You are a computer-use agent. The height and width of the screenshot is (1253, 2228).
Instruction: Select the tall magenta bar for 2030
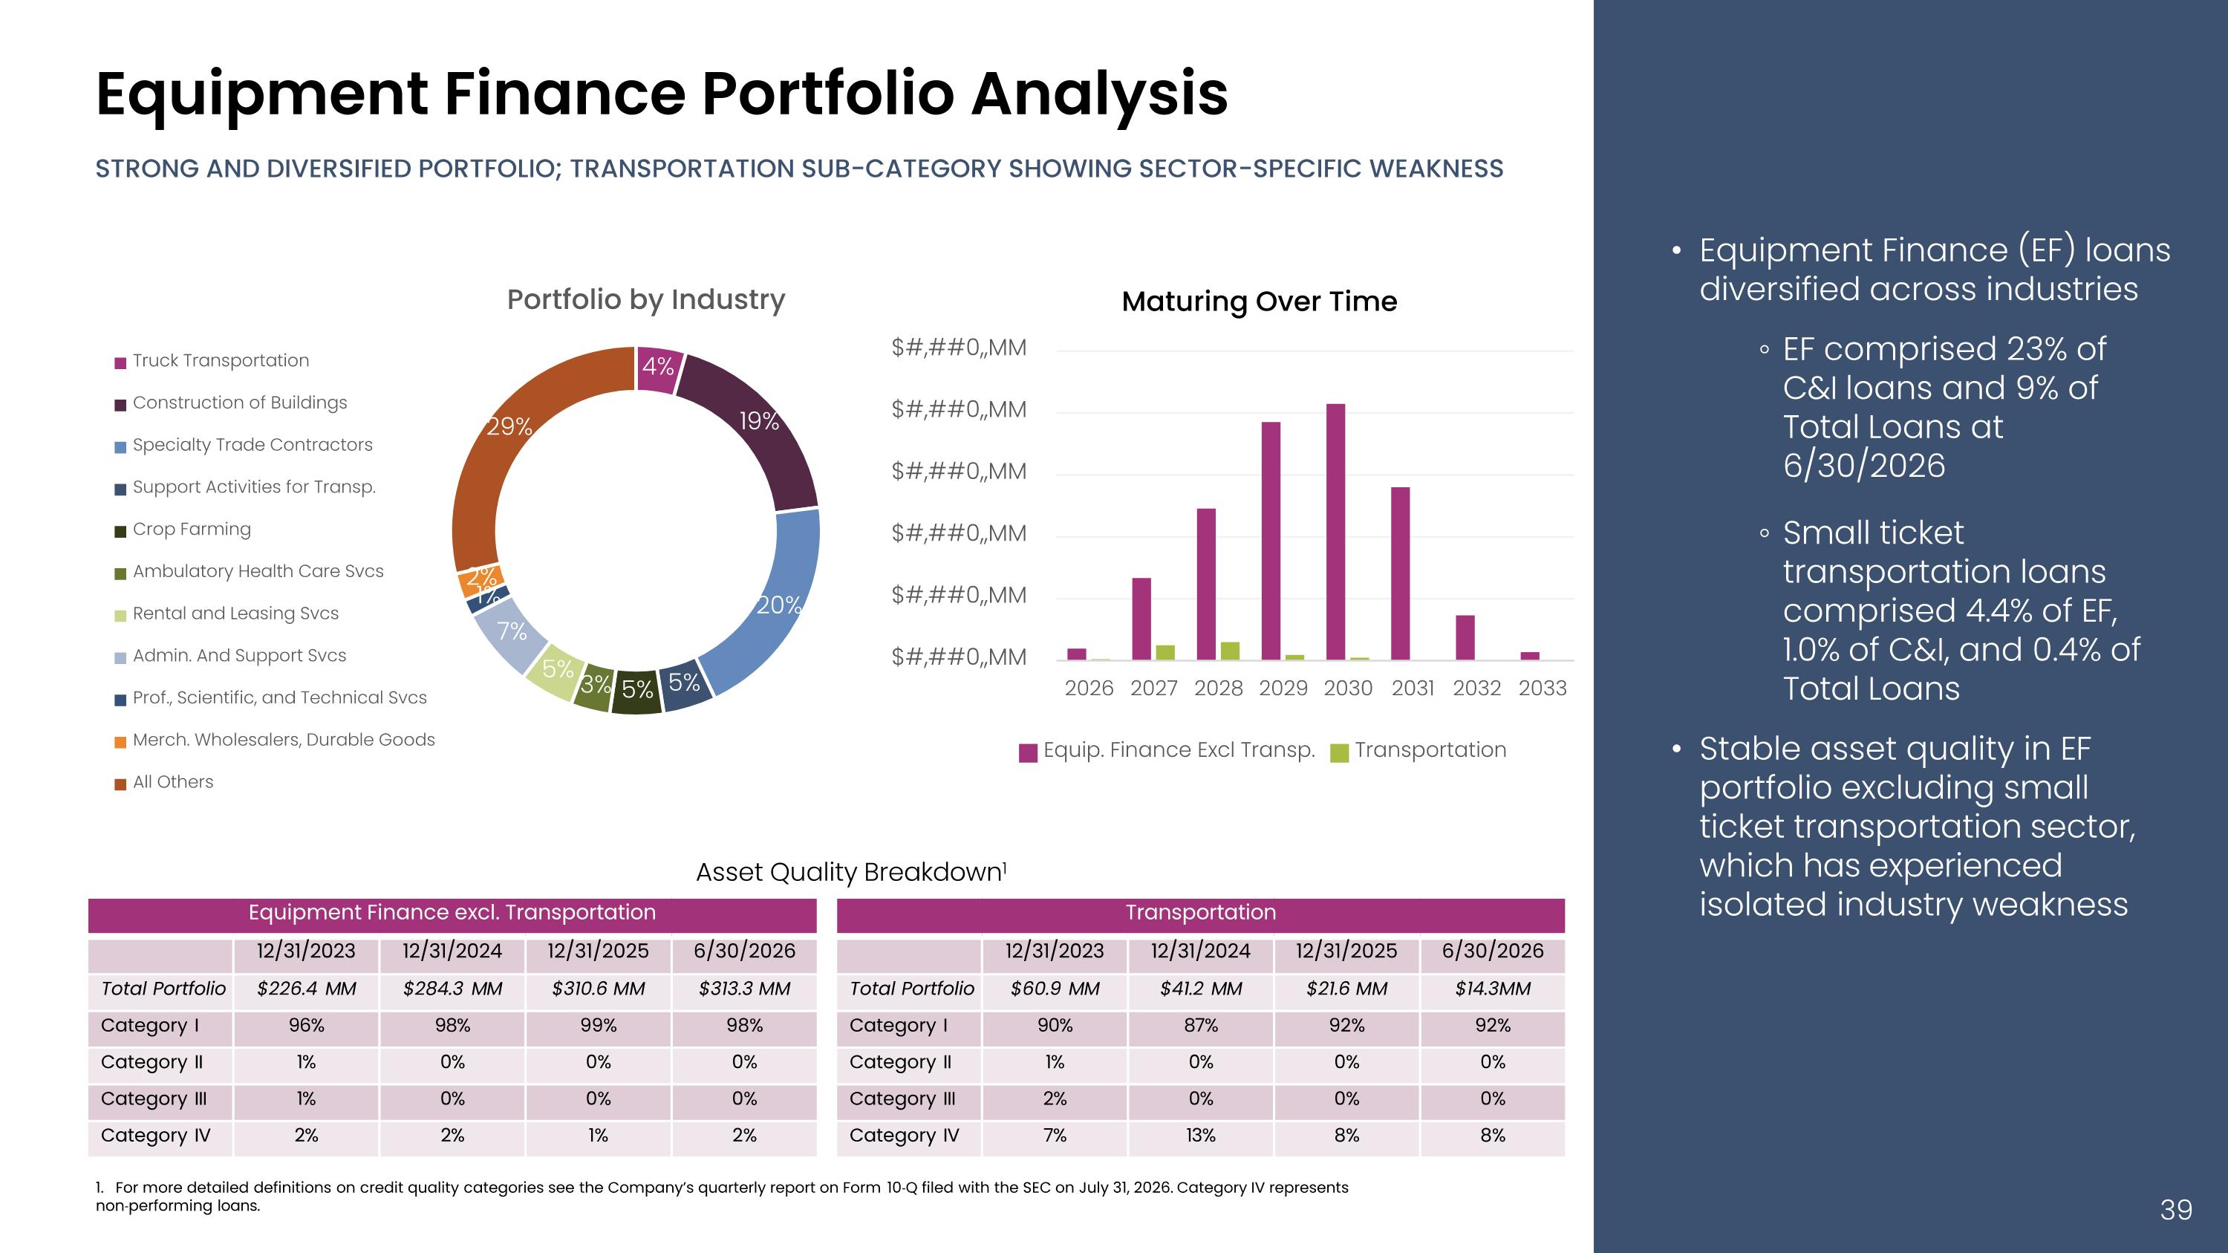[1335, 532]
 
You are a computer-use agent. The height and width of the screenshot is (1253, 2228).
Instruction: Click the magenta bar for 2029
[1271, 541]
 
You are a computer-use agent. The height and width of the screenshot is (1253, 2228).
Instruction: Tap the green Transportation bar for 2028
[1230, 651]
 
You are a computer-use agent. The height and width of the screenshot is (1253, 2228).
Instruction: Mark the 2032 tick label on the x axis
[1477, 689]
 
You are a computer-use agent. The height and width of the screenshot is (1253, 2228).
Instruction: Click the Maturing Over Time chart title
[1260, 301]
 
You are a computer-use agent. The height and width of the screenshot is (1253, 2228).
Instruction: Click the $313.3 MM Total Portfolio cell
[745, 989]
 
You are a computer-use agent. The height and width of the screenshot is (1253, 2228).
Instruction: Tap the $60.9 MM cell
[1055, 989]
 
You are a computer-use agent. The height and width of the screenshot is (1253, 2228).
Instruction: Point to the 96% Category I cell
[306, 1026]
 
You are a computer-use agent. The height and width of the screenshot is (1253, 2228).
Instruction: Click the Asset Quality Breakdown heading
[851, 873]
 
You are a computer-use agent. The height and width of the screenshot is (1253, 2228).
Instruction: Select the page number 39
[2176, 1210]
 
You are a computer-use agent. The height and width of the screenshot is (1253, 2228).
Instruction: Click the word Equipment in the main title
[262, 95]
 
